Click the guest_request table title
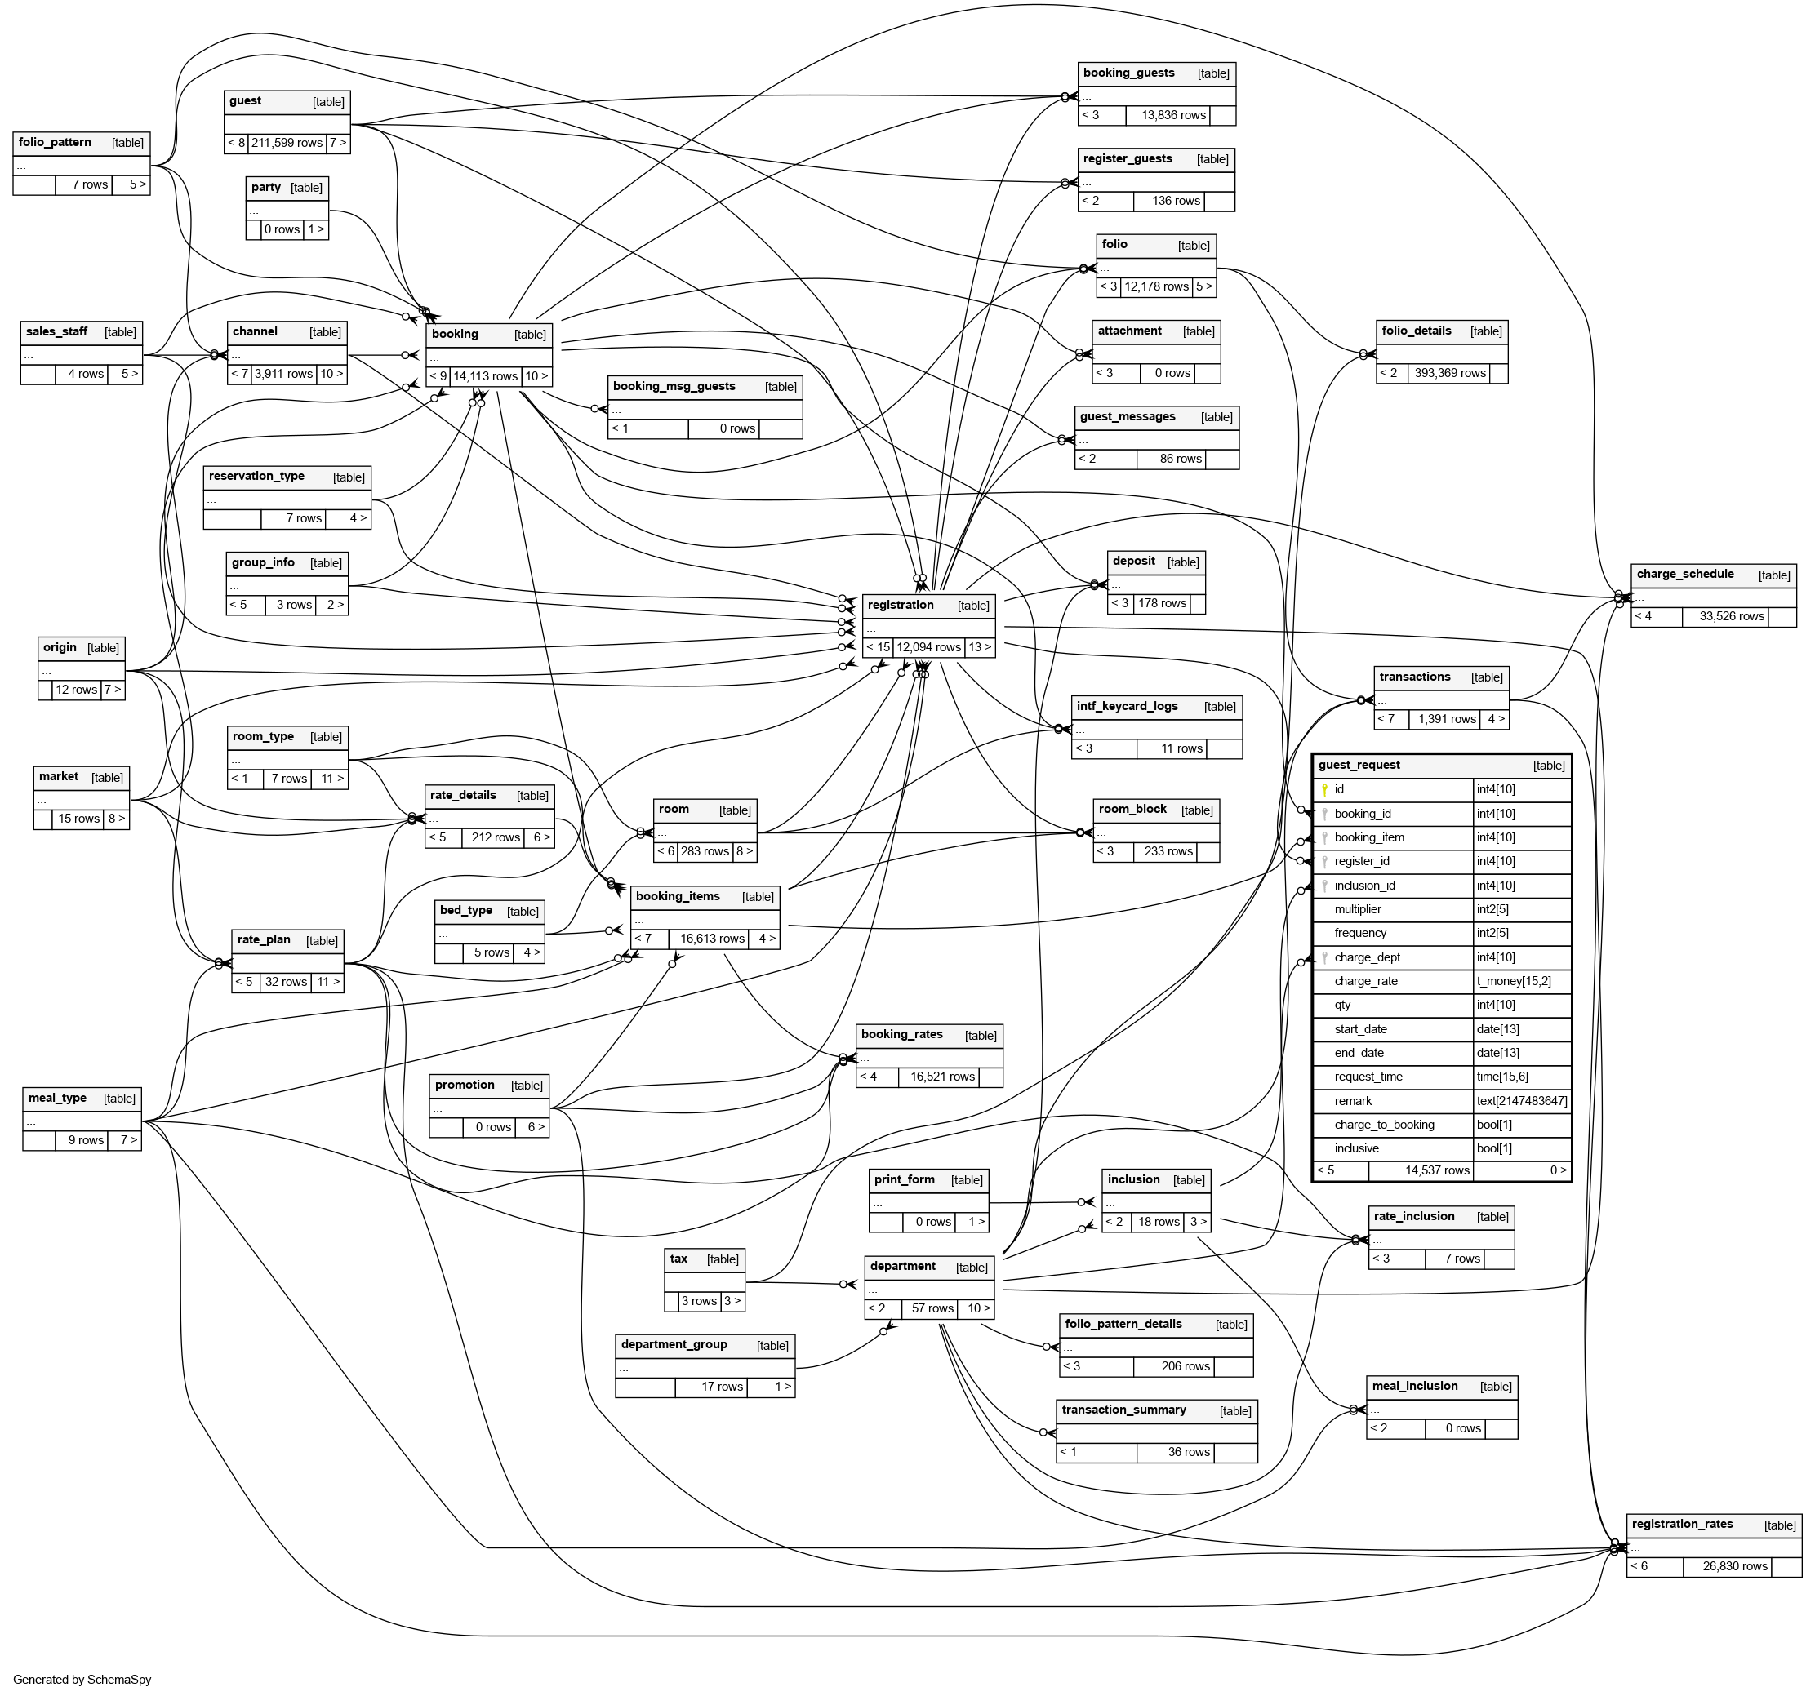pyautogui.click(x=1359, y=765)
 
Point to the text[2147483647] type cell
pyautogui.click(x=1521, y=1101)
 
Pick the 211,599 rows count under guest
pyautogui.click(x=287, y=144)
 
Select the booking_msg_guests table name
pyautogui.click(x=674, y=386)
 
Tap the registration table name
pyautogui.click(x=901, y=606)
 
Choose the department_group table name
pyautogui.click(x=674, y=1343)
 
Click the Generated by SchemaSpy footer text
pyautogui.click(x=82, y=1680)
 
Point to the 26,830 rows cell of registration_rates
pyautogui.click(x=1735, y=1566)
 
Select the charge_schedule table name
pyautogui.click(x=1684, y=574)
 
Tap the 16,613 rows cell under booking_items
pyautogui.click(x=712, y=939)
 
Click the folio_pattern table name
pyautogui.click(x=55, y=142)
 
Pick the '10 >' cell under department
pyautogui.click(x=979, y=1308)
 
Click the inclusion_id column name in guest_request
pyautogui.click(x=1364, y=886)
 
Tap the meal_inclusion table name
pyautogui.click(x=1414, y=1386)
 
